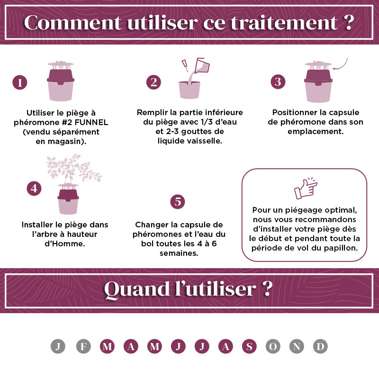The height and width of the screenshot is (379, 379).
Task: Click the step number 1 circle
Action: pyautogui.click(x=19, y=82)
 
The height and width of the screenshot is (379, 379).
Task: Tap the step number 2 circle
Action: pyautogui.click(x=153, y=82)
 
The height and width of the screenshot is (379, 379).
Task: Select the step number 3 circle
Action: pyautogui.click(x=278, y=81)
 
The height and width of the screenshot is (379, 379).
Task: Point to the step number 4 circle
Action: pyautogui.click(x=34, y=188)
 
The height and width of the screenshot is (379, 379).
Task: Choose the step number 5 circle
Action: pyautogui.click(x=178, y=202)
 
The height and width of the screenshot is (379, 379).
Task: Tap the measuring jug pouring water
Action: pyautogui.click(x=202, y=65)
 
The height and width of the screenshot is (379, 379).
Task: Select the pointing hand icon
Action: pyautogui.click(x=306, y=188)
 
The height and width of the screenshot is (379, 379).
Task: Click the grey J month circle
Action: pyautogui.click(x=58, y=346)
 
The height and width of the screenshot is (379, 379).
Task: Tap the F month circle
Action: pyautogui.click(x=83, y=346)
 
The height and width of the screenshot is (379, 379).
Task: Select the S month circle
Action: pyautogui.click(x=249, y=346)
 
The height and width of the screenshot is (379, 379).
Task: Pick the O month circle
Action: pyautogui.click(x=273, y=346)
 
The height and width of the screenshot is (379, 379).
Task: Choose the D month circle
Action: pyautogui.click(x=320, y=346)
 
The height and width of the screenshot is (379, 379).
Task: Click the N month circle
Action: pyautogui.click(x=297, y=346)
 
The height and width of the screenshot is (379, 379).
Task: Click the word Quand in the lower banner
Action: pyautogui.click(x=137, y=289)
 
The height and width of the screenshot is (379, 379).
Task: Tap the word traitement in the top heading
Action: pyautogui.click(x=284, y=23)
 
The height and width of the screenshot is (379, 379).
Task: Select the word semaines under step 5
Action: pyautogui.click(x=179, y=253)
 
